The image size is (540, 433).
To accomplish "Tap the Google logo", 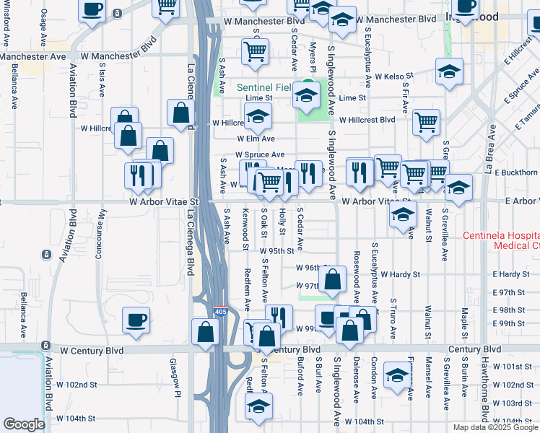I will click(24, 424).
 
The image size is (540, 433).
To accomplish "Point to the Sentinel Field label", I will click(264, 87).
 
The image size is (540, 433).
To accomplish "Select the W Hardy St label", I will click(401, 274).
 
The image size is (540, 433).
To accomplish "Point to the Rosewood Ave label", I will click(357, 276).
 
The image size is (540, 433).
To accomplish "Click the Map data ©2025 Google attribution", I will click(495, 427).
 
